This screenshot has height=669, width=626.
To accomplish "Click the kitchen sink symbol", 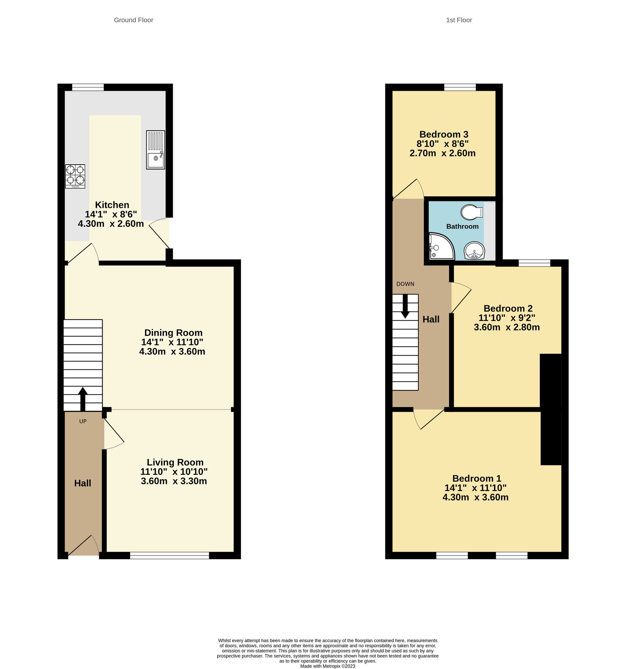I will pos(155,149).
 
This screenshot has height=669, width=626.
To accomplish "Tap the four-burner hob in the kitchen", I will pos(75,176).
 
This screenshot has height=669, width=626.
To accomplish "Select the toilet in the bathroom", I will pos(471,212).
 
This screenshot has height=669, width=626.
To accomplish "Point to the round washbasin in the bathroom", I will pos(474,251).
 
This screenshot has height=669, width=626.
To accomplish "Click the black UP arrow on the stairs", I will pos(82,398).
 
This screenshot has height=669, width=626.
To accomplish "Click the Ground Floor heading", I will pos(133,20).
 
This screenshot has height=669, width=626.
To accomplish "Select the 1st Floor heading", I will pos(459,20).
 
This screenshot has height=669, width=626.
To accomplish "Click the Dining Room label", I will pos(173,333).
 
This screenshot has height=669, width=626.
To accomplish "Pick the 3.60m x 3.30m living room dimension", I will pos(174,481).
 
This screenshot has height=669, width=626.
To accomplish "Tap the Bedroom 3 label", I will pos(444,134).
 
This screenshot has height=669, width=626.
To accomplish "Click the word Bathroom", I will pos(462,226).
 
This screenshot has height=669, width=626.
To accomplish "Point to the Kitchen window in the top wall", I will pos(88,87).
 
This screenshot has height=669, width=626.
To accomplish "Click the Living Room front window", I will pos(169,555).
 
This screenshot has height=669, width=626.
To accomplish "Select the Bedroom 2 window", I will pos(534,263).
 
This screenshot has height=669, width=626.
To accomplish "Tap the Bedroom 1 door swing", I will pos(427,419).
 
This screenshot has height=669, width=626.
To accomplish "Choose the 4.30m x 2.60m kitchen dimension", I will pos(111,224).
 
